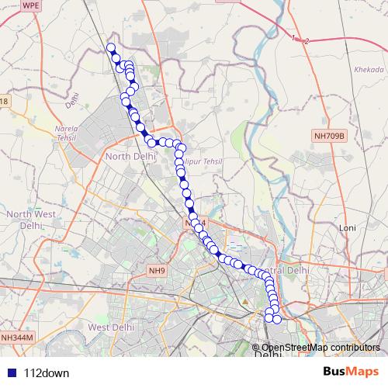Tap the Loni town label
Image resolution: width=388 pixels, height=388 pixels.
click(348, 227)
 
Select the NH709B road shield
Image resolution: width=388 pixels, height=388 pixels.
click(328, 136)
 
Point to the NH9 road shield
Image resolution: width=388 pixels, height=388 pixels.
click(158, 270)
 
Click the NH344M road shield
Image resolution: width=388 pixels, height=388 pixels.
click(17, 338)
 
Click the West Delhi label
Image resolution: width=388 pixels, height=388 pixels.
click(107, 327)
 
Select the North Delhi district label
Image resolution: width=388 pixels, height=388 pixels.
click(130, 157)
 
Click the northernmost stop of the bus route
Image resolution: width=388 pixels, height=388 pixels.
click(111, 48)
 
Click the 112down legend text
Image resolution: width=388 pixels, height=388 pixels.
click(47, 372)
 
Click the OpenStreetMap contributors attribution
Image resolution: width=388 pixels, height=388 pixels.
click(320, 348)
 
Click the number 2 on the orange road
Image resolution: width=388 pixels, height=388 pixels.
click(307, 40)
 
